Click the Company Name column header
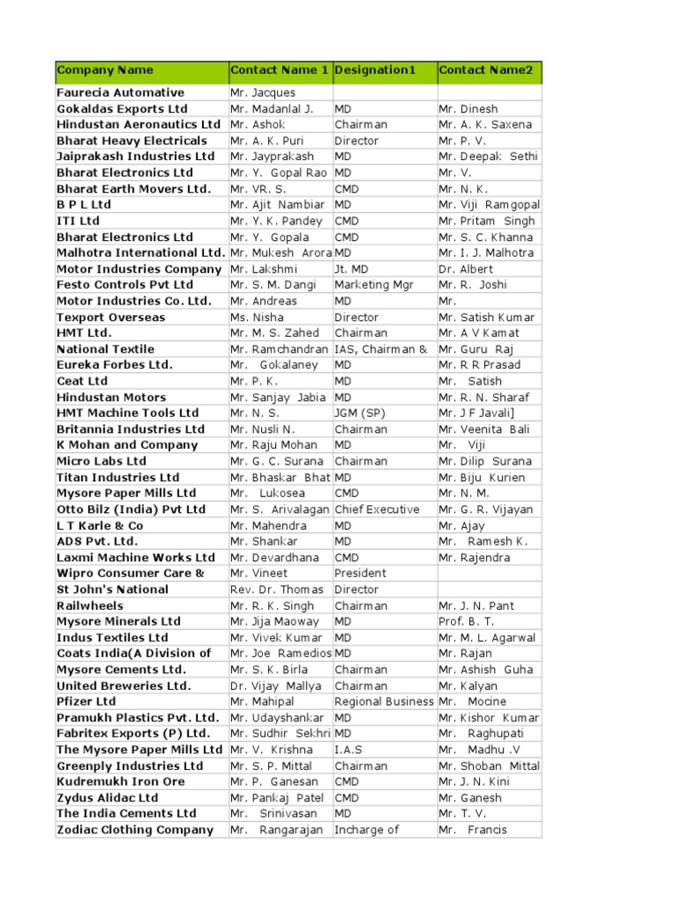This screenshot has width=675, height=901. click(x=105, y=70)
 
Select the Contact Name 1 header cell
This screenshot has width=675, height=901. click(x=279, y=70)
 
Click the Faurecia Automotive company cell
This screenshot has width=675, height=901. click(x=120, y=92)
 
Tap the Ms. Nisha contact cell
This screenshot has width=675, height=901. click(x=258, y=317)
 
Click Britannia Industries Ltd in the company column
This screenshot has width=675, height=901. click(x=130, y=429)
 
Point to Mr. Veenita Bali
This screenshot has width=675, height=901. click(x=488, y=429)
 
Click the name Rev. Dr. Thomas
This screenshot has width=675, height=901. click(x=277, y=590)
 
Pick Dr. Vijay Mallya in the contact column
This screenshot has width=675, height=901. click(x=276, y=685)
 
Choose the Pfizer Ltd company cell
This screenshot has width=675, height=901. click(x=86, y=701)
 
